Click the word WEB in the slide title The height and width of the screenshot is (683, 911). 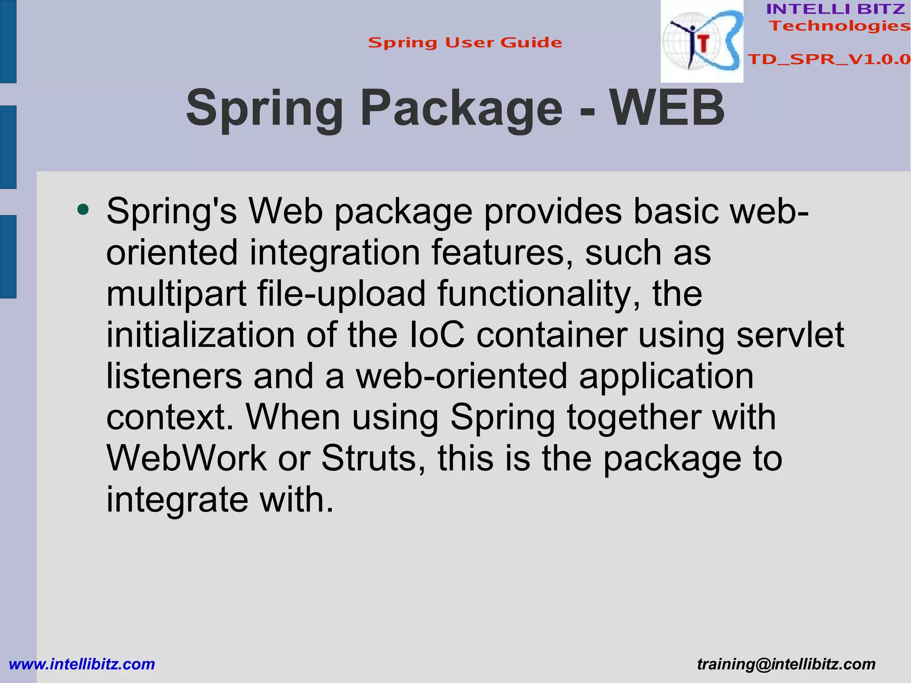[x=667, y=108]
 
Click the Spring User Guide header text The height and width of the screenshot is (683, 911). [x=465, y=43]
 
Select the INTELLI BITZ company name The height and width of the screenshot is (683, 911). [x=835, y=9]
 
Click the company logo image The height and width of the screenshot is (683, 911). [x=701, y=41]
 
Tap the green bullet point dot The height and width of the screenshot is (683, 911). [x=83, y=209]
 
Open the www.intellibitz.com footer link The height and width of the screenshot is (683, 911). [x=82, y=664]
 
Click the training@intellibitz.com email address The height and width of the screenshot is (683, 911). [x=786, y=664]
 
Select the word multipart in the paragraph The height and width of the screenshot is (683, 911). [x=176, y=294]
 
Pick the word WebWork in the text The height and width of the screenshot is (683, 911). [x=186, y=458]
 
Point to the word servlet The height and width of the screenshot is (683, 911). [x=790, y=335]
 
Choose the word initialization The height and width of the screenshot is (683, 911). [x=200, y=335]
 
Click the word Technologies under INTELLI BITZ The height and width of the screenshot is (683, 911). [x=840, y=26]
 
